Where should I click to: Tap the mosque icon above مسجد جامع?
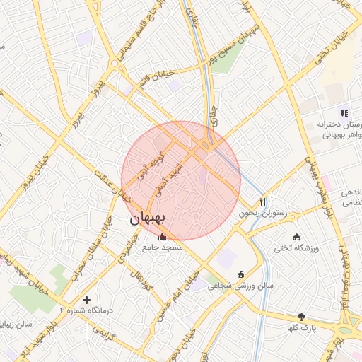pyautogui.click(x=163, y=237)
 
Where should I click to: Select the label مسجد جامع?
pyautogui.click(x=163, y=247)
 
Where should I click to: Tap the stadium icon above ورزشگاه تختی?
pyautogui.click(x=296, y=237)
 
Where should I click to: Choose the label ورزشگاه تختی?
pyautogui.click(x=296, y=247)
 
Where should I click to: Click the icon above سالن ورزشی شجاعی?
pyautogui.click(x=240, y=275)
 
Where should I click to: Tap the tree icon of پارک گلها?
pyautogui.click(x=303, y=317)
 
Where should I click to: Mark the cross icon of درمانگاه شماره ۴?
pyautogui.click(x=87, y=300)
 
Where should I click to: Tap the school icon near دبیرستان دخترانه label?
pyautogui.click(x=344, y=112)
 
